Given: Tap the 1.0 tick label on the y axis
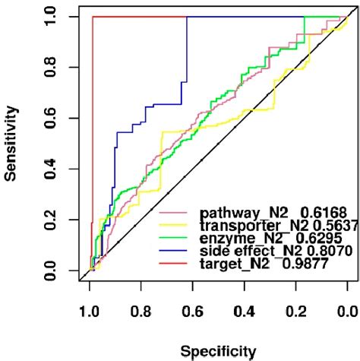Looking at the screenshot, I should point(50,16).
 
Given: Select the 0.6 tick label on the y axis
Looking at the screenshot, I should point(50,118).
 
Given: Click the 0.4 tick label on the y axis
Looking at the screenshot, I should point(50,169).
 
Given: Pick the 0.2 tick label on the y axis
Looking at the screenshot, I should point(50,220).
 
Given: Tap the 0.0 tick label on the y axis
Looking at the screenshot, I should point(50,270).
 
